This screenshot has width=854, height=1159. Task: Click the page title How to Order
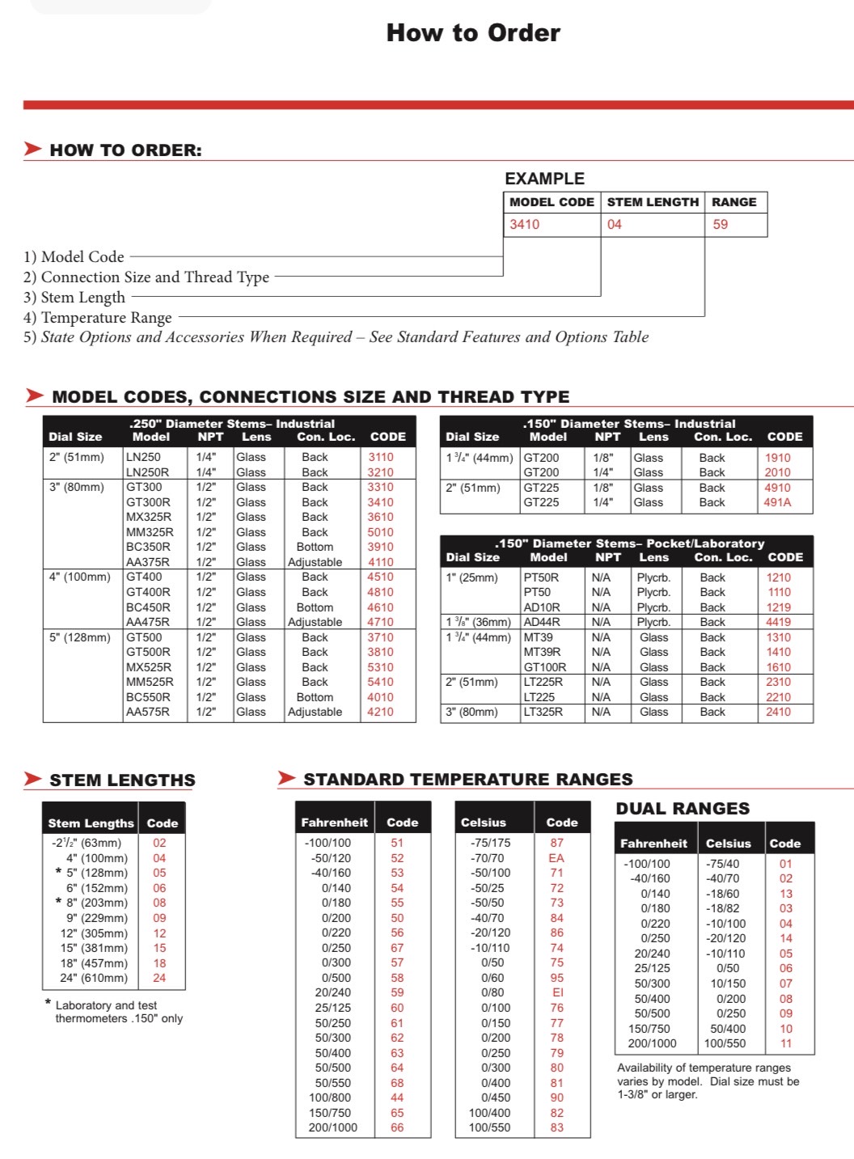(x=473, y=33)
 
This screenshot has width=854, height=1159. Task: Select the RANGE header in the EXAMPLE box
(x=734, y=202)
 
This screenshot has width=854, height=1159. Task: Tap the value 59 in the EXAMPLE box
(x=721, y=225)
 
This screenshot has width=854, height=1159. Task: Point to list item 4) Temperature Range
(x=98, y=318)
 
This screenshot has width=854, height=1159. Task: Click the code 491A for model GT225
(x=778, y=502)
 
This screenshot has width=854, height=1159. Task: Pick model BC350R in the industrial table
(x=148, y=547)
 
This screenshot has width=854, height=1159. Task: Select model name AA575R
(x=148, y=712)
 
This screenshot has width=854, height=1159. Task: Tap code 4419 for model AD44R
(x=778, y=622)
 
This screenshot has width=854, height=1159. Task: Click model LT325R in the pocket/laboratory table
(x=543, y=712)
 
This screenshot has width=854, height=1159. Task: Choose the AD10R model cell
(x=542, y=607)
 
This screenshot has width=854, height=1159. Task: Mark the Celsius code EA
(x=556, y=858)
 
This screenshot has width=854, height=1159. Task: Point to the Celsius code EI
(x=557, y=992)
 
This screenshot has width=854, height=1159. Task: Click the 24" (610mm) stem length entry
(x=94, y=978)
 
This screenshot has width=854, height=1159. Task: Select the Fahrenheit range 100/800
(x=330, y=1098)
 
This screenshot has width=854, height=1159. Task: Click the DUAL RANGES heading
(x=683, y=809)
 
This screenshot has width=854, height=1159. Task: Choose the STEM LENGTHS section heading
(x=122, y=780)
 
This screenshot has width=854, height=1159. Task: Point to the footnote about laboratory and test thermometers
(x=113, y=1012)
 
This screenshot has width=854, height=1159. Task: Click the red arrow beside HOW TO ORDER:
(x=32, y=149)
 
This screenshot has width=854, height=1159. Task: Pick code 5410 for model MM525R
(x=380, y=682)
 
